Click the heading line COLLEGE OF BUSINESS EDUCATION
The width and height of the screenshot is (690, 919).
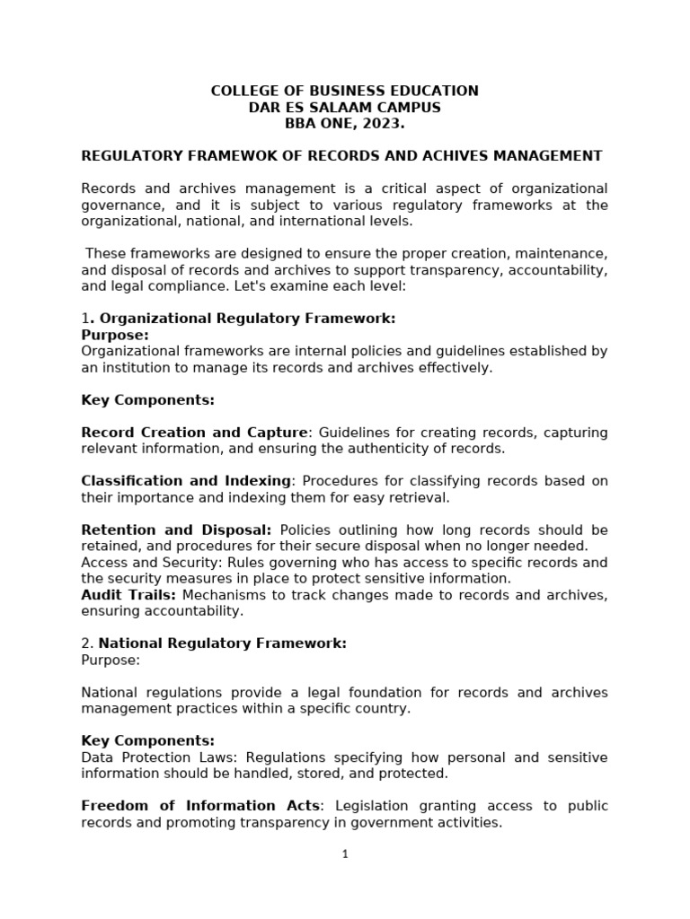[344, 91]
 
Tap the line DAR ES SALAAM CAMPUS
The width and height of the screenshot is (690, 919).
[344, 108]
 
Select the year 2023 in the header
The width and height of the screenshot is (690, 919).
[385, 124]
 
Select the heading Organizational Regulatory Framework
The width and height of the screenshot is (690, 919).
[247, 319]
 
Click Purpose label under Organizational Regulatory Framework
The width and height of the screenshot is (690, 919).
[115, 335]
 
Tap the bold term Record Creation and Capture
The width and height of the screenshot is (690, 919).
[194, 433]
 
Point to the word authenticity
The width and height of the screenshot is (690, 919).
[397, 449]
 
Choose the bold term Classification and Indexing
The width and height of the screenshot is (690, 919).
[186, 481]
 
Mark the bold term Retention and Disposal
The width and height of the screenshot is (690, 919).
[176, 530]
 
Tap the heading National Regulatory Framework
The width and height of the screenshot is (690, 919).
[222, 643]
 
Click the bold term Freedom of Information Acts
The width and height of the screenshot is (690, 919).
[200, 806]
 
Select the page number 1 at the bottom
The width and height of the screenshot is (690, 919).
[345, 854]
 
